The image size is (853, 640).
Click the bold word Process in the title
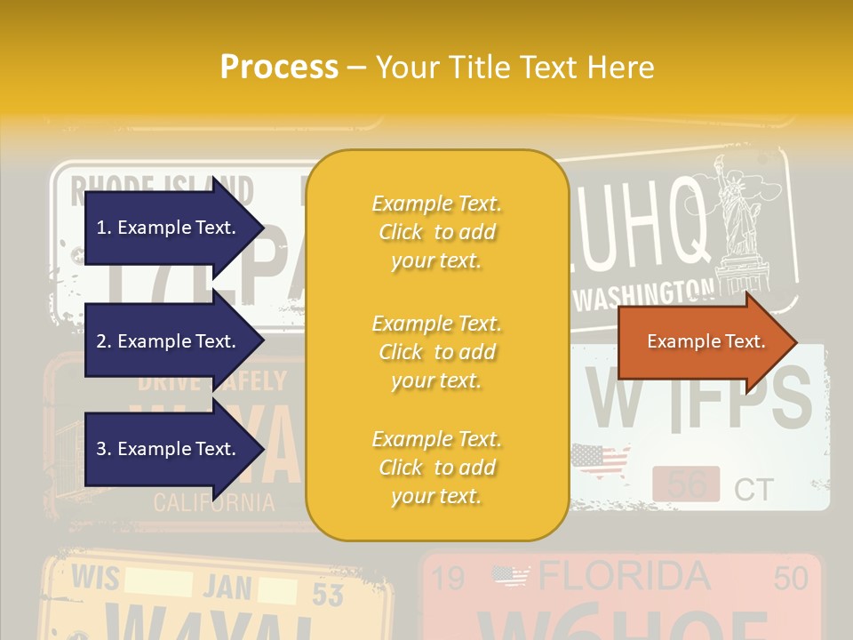279,67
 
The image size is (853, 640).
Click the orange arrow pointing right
706,341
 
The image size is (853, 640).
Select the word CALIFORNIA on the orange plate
214,502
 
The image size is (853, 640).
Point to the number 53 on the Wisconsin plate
328,594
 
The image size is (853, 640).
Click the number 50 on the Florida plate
790,579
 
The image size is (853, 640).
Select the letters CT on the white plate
753,489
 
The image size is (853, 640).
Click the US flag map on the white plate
601,461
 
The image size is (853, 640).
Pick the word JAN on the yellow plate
227,587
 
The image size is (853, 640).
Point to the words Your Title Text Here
514,67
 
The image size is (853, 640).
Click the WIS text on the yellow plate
95,579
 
